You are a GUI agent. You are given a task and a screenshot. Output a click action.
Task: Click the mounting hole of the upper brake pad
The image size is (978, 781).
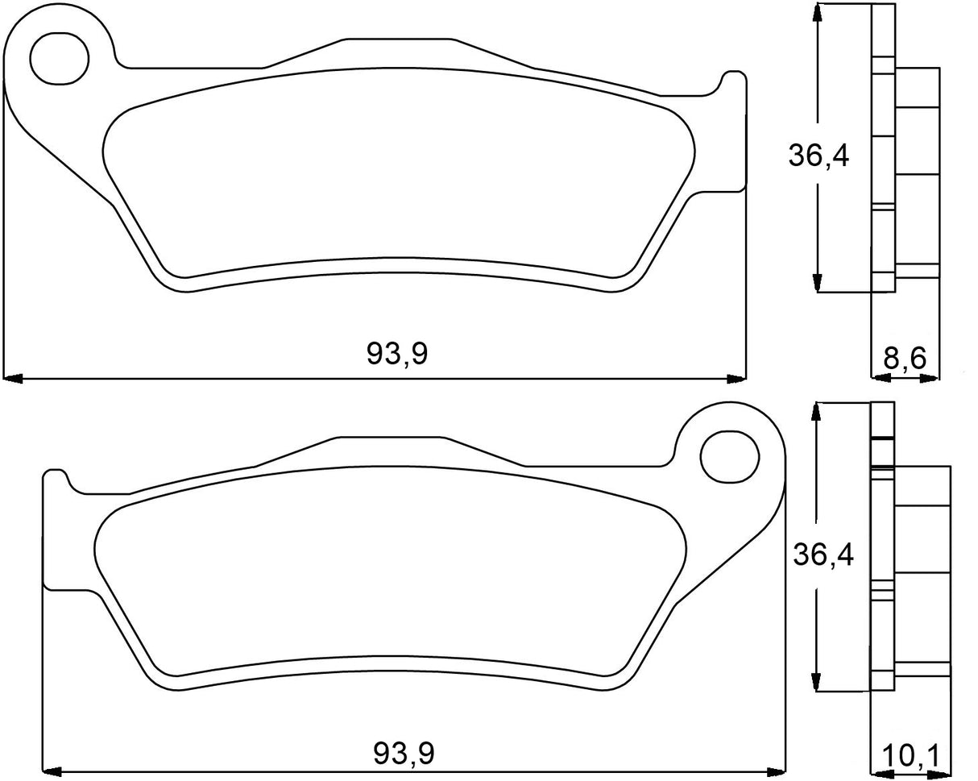tap(58, 56)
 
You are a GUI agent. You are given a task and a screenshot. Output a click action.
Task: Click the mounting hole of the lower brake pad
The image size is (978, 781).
tap(730, 457)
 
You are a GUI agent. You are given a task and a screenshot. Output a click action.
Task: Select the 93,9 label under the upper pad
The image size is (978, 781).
tap(397, 353)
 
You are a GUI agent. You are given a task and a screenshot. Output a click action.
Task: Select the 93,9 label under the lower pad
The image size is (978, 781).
tap(404, 754)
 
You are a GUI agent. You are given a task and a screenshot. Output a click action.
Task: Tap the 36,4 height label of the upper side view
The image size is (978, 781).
tap(818, 156)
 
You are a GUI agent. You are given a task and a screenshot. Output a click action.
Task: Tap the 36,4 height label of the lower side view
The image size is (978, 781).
tap(823, 555)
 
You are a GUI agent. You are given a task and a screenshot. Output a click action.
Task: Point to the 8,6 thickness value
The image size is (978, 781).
tap(904, 358)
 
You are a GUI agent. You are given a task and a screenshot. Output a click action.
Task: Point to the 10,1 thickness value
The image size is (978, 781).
tap(910, 756)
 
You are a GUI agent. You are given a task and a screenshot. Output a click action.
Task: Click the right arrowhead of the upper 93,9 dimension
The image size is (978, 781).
tap(736, 378)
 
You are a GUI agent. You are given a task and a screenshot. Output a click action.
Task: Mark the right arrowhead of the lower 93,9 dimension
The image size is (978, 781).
tap(776, 769)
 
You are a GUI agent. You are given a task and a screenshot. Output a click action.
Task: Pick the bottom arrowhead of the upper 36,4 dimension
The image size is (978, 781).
tap(818, 281)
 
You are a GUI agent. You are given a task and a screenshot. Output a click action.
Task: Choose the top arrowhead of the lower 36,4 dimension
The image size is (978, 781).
tap(818, 412)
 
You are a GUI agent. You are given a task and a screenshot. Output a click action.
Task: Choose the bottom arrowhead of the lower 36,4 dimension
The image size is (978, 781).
tap(818, 681)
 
